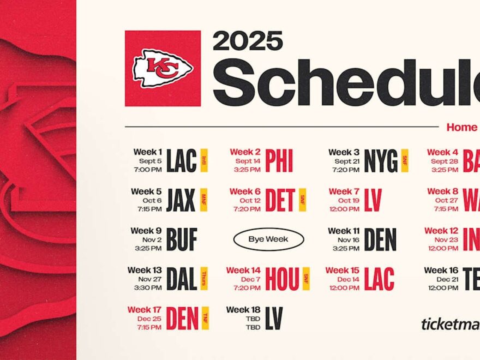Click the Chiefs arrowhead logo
[x=163, y=68]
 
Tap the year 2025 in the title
[x=248, y=41]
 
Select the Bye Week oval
[x=268, y=239]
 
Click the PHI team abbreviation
[x=279, y=161]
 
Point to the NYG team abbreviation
[x=381, y=161]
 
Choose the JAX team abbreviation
[x=181, y=200]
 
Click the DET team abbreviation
[x=280, y=200]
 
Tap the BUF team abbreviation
[x=182, y=239]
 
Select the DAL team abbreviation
[x=182, y=279]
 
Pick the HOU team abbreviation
[x=282, y=279]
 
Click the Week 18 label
[x=243, y=310]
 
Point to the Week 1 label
[x=147, y=152]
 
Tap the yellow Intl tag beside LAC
[x=204, y=161]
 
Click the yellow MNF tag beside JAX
[x=204, y=200]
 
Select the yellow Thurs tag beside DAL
[x=204, y=279]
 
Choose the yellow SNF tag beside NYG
[x=405, y=161]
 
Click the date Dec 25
[x=149, y=319]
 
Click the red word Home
[x=461, y=128]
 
